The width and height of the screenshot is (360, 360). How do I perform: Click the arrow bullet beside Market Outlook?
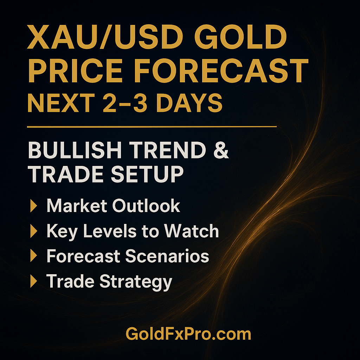click(34, 206)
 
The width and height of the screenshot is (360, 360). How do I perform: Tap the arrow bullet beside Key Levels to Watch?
click(34, 231)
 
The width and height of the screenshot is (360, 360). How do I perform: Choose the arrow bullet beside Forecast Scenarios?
click(34, 257)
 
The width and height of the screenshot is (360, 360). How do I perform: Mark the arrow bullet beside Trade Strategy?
click(34, 282)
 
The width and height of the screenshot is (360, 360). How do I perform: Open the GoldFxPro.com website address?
click(188, 334)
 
